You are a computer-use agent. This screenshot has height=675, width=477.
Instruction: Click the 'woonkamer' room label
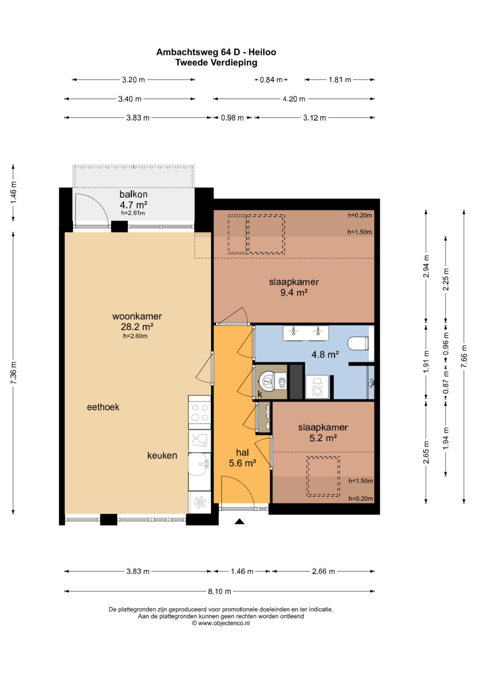tap(137, 316)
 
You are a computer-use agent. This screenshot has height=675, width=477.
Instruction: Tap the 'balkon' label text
tap(133, 194)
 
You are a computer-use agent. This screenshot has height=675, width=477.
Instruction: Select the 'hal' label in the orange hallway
tap(242, 452)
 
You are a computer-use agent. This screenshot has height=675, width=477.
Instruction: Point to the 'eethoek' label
tap(103, 407)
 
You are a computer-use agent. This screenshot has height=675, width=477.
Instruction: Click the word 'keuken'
tap(162, 455)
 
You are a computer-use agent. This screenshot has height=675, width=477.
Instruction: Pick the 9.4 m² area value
tap(294, 292)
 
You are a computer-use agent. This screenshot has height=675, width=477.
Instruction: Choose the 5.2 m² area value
tap(323, 438)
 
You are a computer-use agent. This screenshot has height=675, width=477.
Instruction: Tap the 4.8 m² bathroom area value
tap(325, 355)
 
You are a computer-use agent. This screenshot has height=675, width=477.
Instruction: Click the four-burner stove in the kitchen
tap(200, 412)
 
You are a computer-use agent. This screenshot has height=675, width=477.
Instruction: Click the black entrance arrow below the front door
tap(239, 521)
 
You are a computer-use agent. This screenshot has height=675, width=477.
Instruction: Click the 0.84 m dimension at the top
tap(271, 80)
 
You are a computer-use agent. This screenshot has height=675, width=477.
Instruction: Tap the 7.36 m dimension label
tap(13, 373)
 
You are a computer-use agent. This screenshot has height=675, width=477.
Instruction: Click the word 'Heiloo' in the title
tap(262, 52)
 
